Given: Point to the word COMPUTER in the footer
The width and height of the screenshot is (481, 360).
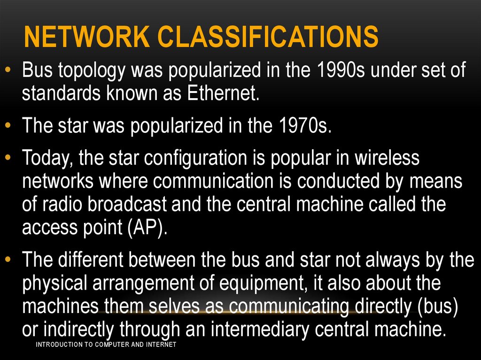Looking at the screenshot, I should (x=111, y=345).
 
